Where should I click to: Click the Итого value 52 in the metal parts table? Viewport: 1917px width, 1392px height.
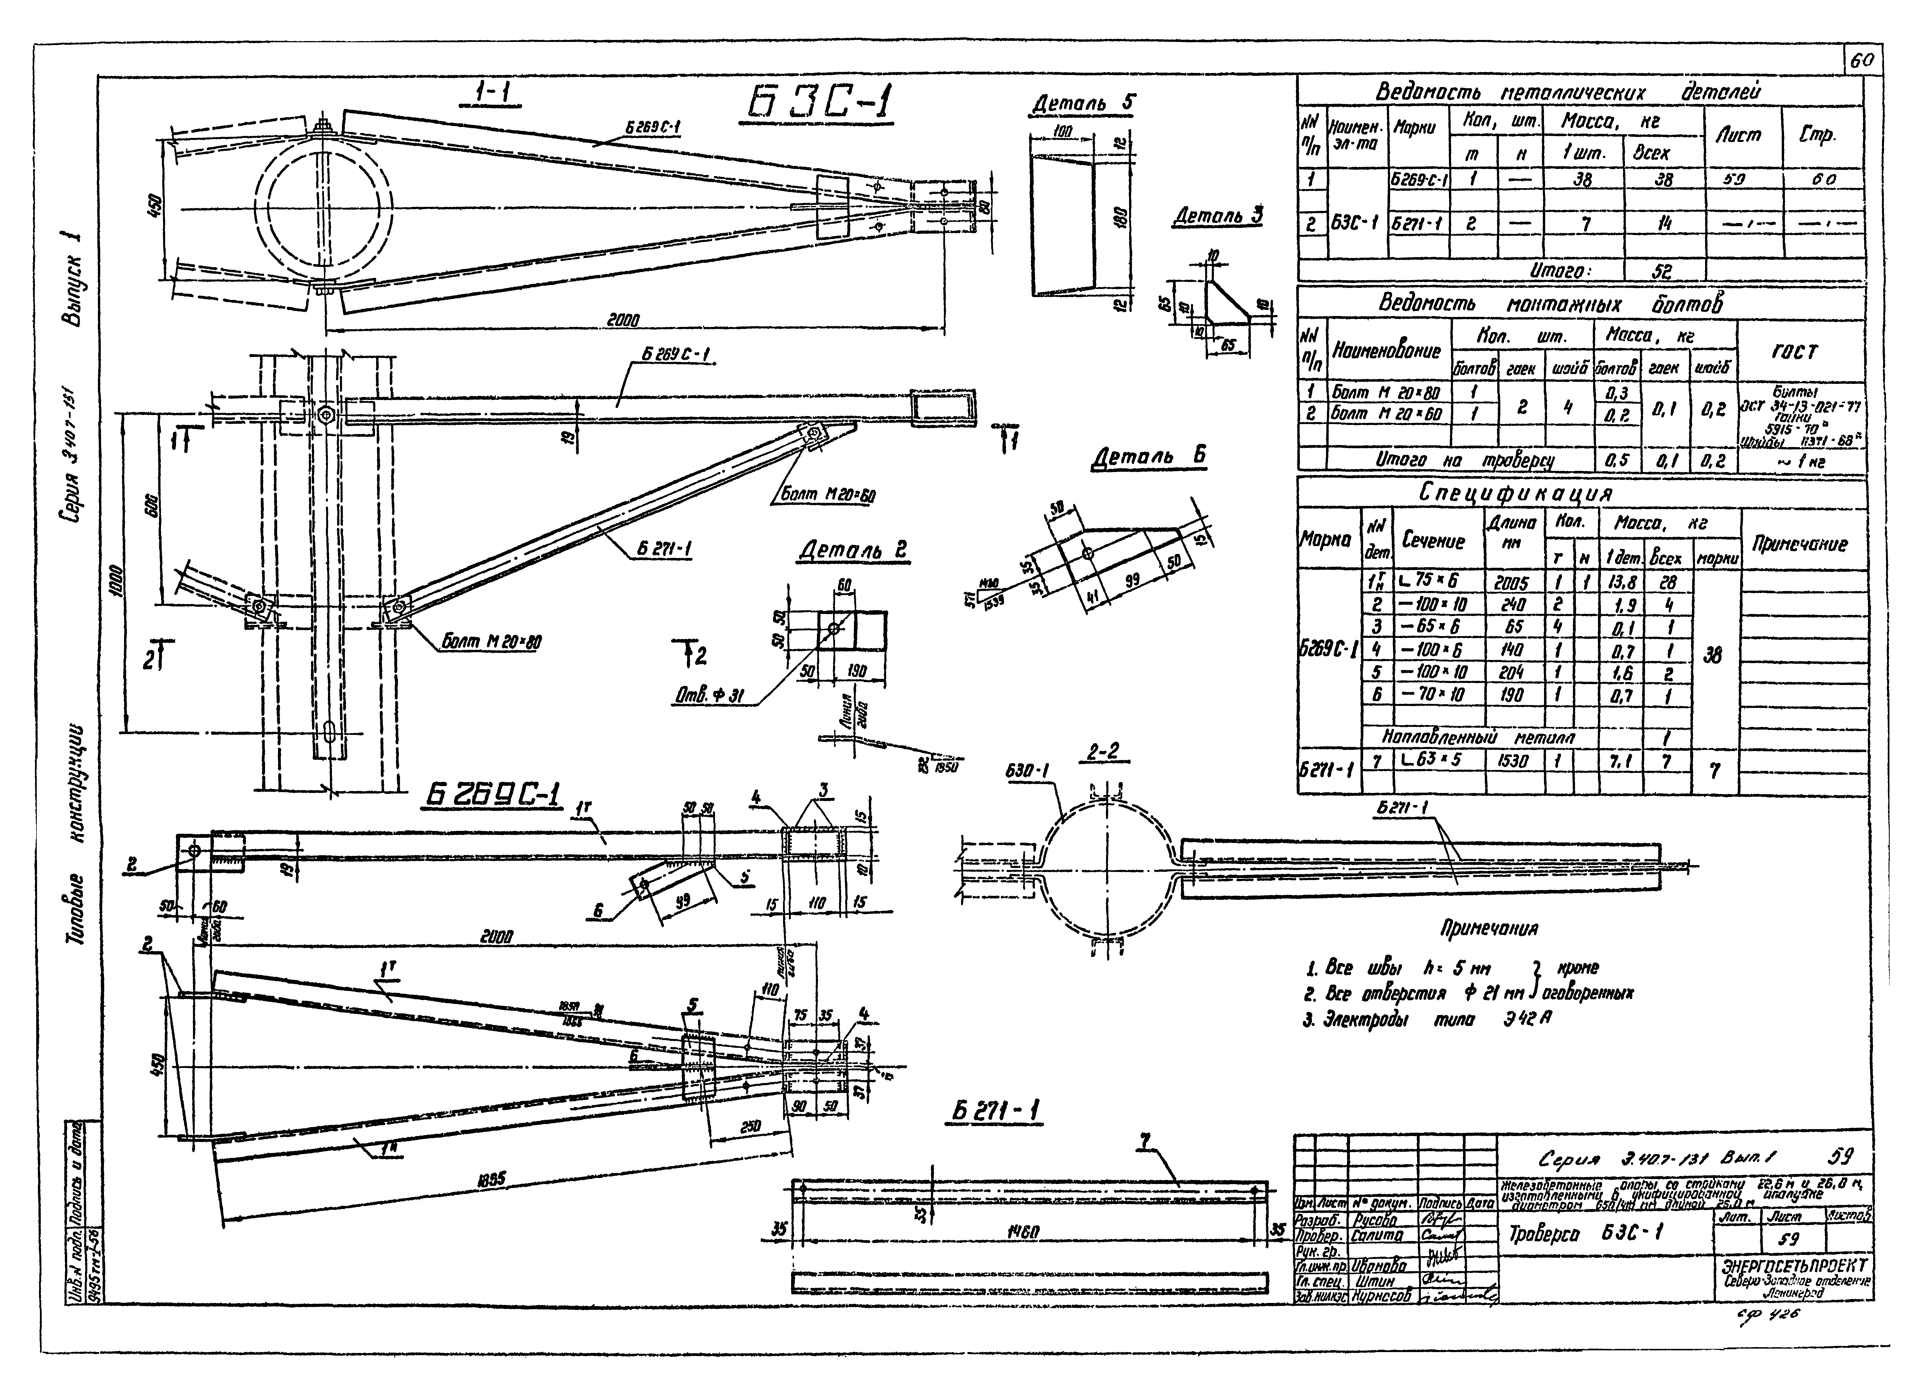pyautogui.click(x=1663, y=271)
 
